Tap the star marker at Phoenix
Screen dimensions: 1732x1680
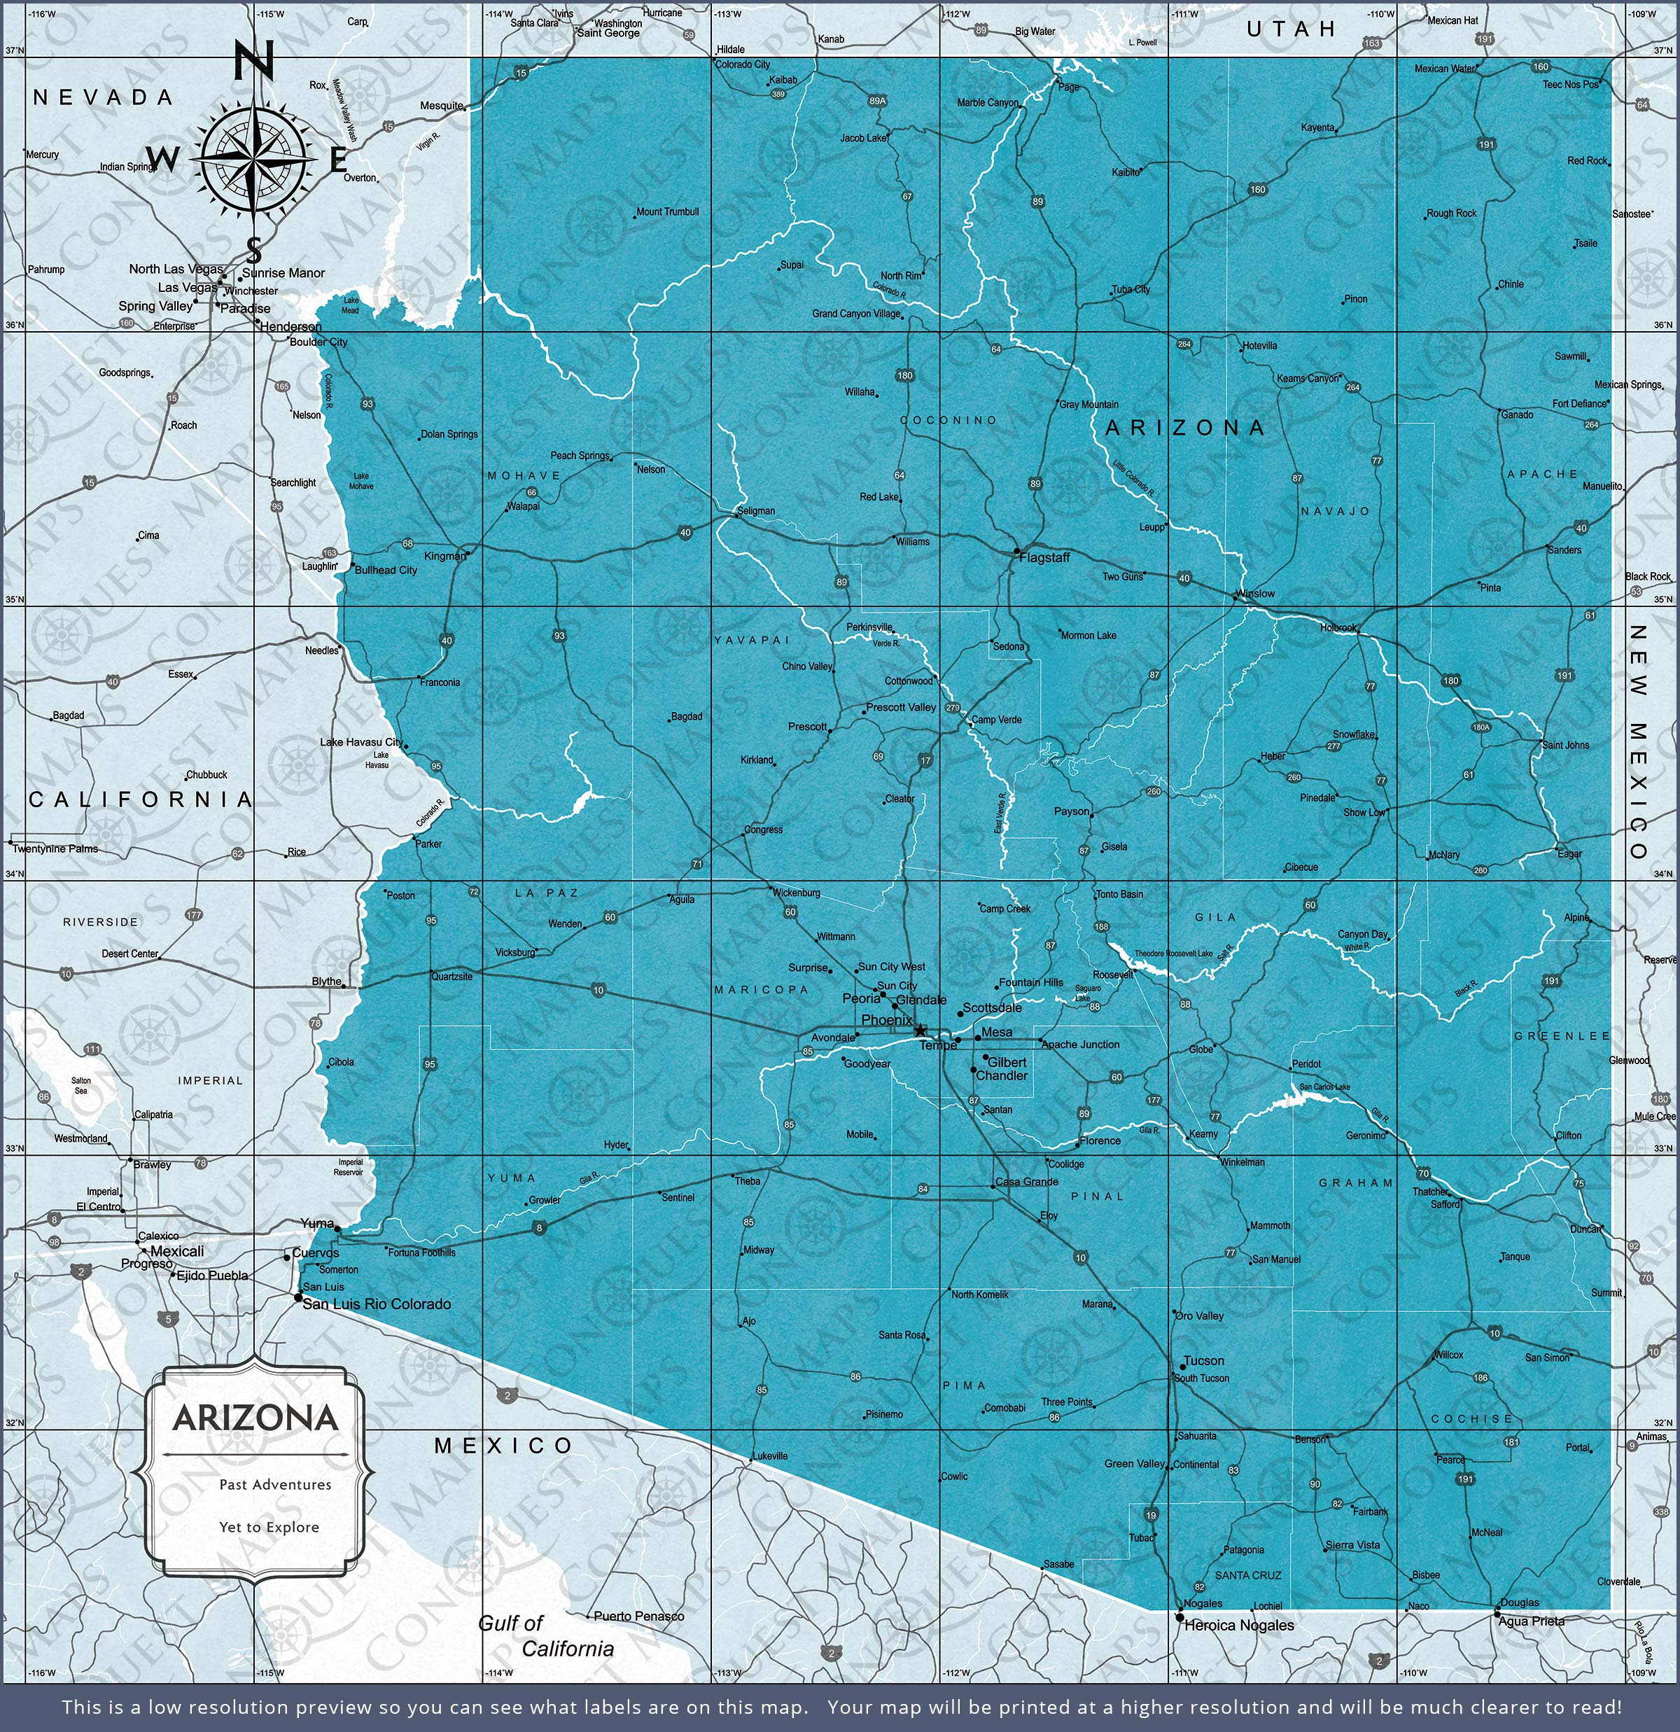click(920, 1031)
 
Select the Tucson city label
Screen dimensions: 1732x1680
click(1204, 1361)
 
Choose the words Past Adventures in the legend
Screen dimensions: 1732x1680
click(275, 1485)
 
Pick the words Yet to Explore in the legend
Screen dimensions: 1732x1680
click(269, 1527)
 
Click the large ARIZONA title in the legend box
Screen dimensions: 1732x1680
click(255, 1418)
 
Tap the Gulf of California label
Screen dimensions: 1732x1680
click(545, 1635)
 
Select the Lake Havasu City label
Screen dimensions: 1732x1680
click(360, 742)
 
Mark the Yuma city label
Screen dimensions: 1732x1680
click(317, 1223)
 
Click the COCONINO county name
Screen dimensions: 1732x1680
click(948, 421)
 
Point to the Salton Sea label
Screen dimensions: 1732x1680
click(80, 1085)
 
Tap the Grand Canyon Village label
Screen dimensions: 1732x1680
click(856, 314)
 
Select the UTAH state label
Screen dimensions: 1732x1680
click(1291, 29)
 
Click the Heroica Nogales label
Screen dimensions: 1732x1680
click(1238, 1625)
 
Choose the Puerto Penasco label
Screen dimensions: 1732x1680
click(638, 1616)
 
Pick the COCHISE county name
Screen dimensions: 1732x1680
click(1471, 1418)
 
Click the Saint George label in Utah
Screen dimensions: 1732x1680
click(608, 34)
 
